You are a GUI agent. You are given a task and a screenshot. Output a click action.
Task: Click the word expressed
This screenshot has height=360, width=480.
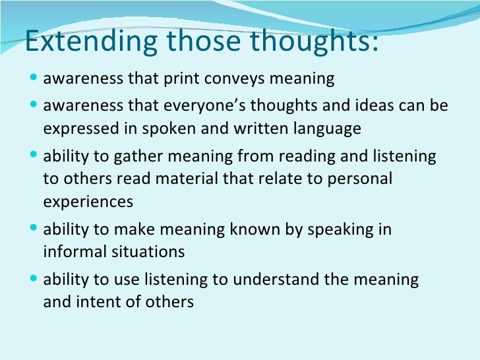[x=78, y=129]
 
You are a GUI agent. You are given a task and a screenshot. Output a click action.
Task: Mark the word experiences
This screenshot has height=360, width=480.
[x=88, y=202]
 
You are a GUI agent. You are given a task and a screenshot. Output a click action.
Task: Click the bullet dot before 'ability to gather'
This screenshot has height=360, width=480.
[x=34, y=157]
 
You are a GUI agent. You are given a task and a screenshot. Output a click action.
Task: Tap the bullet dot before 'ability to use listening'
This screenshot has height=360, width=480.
[x=34, y=280]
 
